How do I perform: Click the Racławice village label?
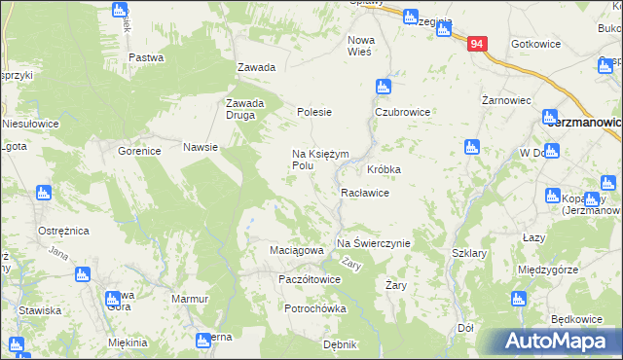click(x=365, y=193)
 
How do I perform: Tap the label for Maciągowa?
click(x=296, y=250)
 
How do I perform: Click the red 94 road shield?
click(x=476, y=45)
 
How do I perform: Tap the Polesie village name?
click(x=314, y=112)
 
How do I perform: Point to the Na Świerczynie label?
click(x=374, y=242)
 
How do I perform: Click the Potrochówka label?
click(x=315, y=308)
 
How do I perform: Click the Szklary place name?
click(x=469, y=252)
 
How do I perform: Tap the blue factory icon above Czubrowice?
click(x=385, y=87)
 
